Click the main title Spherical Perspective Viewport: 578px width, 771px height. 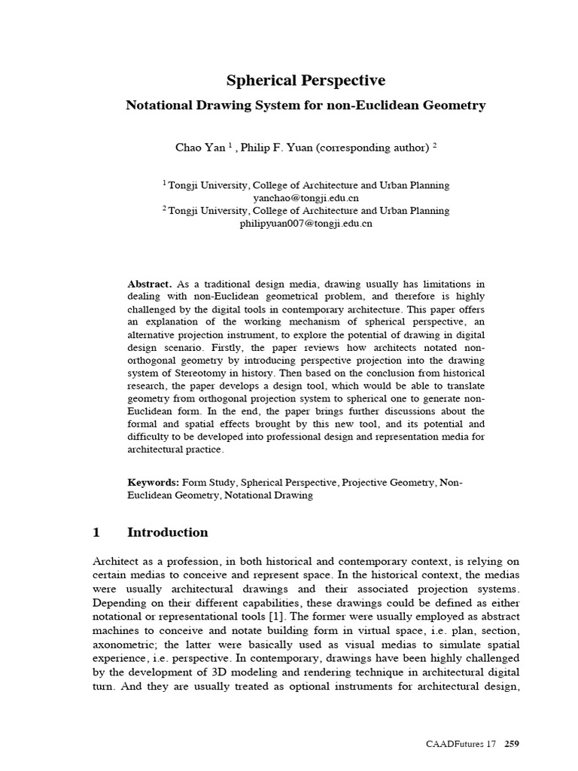pyautogui.click(x=306, y=81)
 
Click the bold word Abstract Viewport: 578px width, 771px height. pyautogui.click(x=149, y=284)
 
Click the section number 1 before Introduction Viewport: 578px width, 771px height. pyautogui.click(x=96, y=532)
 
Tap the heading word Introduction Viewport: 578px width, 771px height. pyautogui.click(x=168, y=532)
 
